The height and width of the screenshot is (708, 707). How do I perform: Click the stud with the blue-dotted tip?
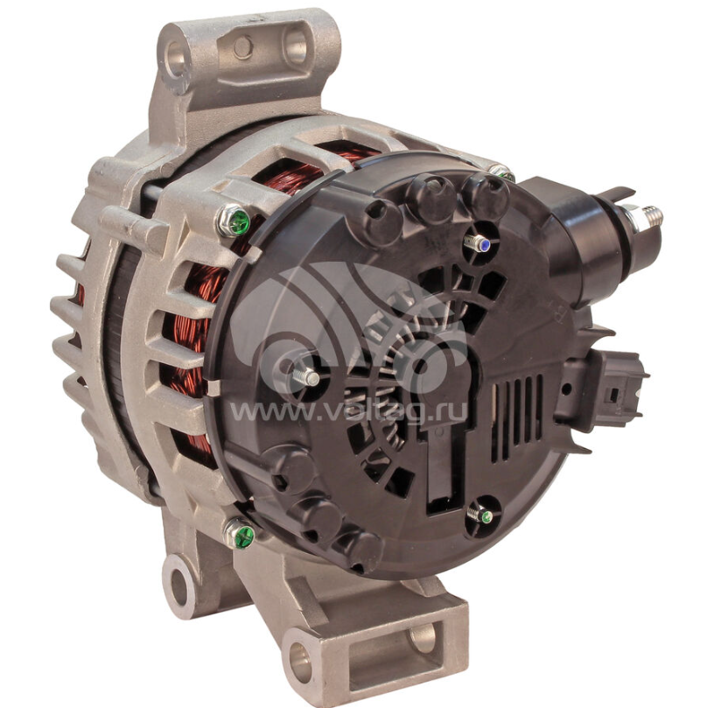[x=477, y=244]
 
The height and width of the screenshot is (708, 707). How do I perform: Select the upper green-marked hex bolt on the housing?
[x=234, y=221]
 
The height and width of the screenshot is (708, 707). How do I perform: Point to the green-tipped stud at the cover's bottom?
[x=479, y=515]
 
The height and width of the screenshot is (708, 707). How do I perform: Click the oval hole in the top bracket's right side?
[x=295, y=46]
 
